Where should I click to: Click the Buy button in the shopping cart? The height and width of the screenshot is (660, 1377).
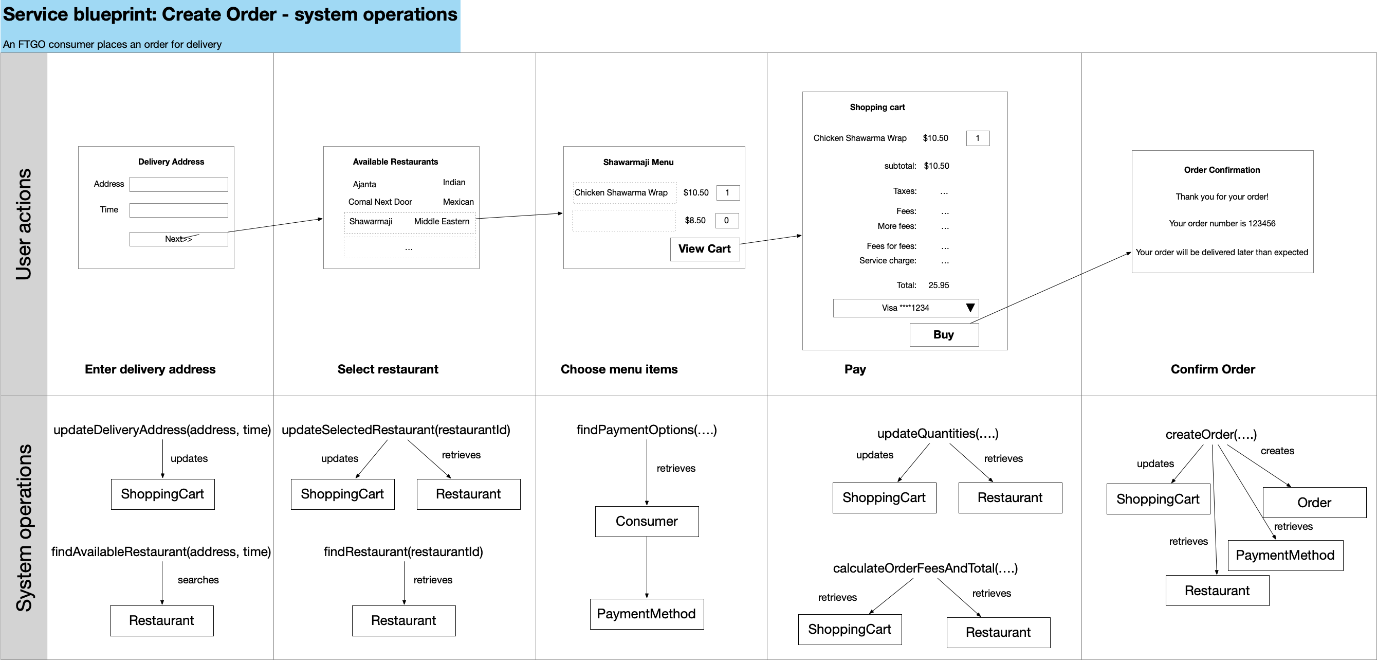[x=944, y=335]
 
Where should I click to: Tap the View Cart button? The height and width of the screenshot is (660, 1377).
[x=705, y=249]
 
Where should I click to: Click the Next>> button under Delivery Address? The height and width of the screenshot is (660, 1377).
[x=178, y=239]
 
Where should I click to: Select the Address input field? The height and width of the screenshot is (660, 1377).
[x=178, y=185]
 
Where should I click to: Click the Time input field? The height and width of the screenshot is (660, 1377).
[x=178, y=210]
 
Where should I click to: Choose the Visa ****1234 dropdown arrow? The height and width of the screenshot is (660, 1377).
[x=970, y=308]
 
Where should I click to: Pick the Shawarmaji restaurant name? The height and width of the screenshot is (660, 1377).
[x=371, y=221]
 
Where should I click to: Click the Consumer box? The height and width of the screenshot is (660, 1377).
[x=647, y=522]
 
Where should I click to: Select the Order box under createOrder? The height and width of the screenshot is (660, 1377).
[x=1314, y=503]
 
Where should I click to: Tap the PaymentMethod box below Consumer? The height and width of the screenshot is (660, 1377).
[x=647, y=614]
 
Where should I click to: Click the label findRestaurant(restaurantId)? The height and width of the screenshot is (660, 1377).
[x=403, y=552]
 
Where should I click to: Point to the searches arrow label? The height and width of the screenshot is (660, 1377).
[x=198, y=580]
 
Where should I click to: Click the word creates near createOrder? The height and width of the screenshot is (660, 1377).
[x=1278, y=451]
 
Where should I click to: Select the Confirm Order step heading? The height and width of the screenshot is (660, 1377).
[x=1213, y=369]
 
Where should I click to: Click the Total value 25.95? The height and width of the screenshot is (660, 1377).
[x=939, y=285]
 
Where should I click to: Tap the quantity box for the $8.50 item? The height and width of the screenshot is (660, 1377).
[x=727, y=220]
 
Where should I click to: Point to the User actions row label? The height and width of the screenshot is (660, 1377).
[x=24, y=224]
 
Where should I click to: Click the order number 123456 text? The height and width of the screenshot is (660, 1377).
[x=1261, y=224]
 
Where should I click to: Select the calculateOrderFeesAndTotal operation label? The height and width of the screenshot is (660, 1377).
[x=925, y=568]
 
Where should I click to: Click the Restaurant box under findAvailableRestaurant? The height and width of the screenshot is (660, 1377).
[x=161, y=621]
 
